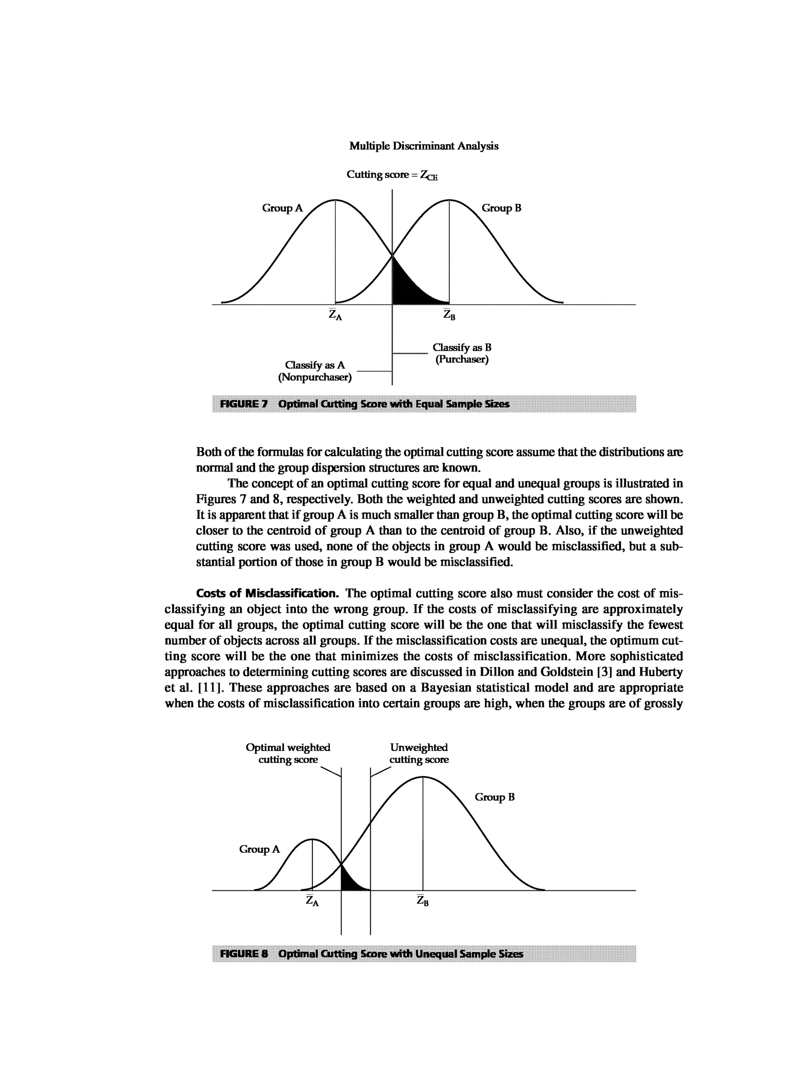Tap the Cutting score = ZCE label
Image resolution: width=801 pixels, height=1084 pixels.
[x=392, y=175]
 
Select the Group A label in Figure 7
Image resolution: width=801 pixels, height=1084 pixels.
[x=282, y=208]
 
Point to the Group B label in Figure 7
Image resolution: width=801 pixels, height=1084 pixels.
[x=501, y=208]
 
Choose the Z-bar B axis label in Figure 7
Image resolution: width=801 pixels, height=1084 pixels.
[x=449, y=315]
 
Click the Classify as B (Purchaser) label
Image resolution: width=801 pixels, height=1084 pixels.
[x=462, y=354]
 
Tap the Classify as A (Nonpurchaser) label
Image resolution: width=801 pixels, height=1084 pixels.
[x=315, y=371]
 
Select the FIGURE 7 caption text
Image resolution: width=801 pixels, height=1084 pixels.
[x=365, y=404]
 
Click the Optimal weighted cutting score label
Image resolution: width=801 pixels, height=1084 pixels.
[x=288, y=753]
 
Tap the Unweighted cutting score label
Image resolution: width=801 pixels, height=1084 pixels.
[x=419, y=753]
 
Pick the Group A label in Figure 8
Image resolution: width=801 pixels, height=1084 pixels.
[x=259, y=849]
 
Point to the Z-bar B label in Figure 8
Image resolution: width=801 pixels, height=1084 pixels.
[x=423, y=901]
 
